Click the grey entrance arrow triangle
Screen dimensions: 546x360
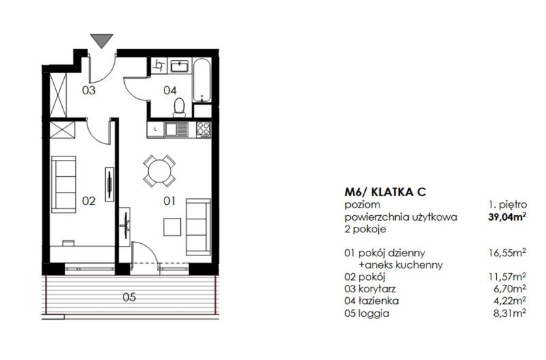click(x=102, y=40)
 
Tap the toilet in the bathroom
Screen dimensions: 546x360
click(x=179, y=107)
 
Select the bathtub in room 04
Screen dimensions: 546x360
click(x=201, y=80)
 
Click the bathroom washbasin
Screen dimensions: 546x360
click(x=179, y=66)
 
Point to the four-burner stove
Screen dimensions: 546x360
click(x=203, y=129)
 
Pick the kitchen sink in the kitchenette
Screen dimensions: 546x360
click(x=176, y=130)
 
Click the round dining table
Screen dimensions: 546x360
click(x=160, y=171)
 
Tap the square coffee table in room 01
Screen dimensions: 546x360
click(x=172, y=227)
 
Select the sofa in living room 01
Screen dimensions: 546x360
click(x=198, y=227)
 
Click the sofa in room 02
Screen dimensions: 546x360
click(x=63, y=184)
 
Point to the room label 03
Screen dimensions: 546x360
click(x=89, y=91)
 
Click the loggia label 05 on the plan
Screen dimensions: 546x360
click(x=129, y=297)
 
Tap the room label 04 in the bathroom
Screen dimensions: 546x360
click(x=170, y=91)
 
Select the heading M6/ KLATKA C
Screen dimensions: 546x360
click(x=386, y=192)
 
